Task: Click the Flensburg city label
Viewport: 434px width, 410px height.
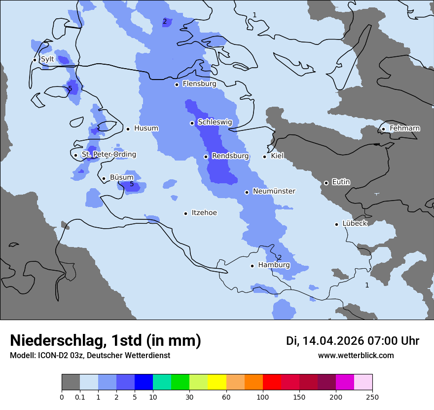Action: (199, 84)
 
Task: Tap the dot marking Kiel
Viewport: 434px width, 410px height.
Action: (264, 157)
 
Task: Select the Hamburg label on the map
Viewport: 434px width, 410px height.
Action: (274, 265)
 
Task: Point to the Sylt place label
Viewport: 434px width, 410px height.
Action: (47, 59)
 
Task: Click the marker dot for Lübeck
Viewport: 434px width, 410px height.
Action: (336, 224)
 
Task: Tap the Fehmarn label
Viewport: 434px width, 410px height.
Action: (404, 128)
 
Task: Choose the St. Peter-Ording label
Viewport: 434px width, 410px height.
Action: (108, 155)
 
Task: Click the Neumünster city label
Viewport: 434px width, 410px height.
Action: (274, 191)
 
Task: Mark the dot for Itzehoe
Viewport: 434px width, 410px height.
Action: (185, 213)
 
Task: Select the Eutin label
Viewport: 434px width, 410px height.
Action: (341, 182)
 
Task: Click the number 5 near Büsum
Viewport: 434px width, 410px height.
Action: (132, 184)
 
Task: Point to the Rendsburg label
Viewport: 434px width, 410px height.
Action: (230, 156)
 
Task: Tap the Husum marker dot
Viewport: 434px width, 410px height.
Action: (128, 129)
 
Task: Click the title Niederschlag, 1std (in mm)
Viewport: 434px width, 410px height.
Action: (106, 341)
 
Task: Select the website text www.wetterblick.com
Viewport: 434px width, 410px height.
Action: (356, 356)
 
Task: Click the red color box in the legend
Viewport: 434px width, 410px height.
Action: (272, 382)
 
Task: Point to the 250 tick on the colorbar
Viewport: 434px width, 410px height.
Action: (372, 396)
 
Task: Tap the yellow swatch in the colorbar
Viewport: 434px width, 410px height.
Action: (217, 382)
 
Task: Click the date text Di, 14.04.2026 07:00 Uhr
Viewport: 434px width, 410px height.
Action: (352, 341)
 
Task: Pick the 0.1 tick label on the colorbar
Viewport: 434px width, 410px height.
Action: (80, 396)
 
